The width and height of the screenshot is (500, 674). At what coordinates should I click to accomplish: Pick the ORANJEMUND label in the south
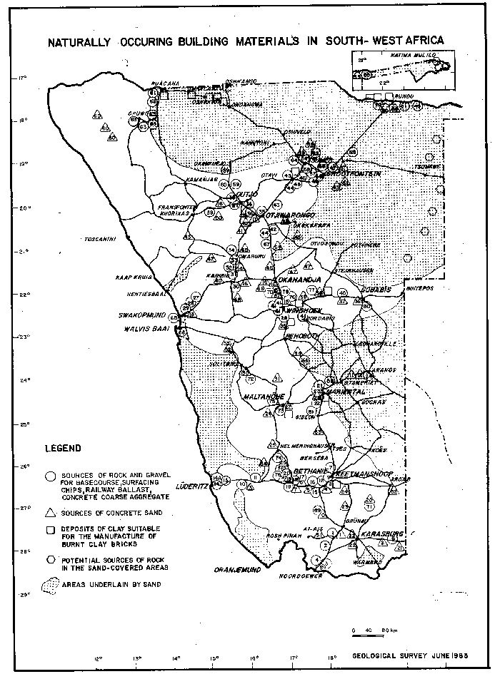tap(235, 571)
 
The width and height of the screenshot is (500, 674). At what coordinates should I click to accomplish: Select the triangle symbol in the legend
tap(49, 513)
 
